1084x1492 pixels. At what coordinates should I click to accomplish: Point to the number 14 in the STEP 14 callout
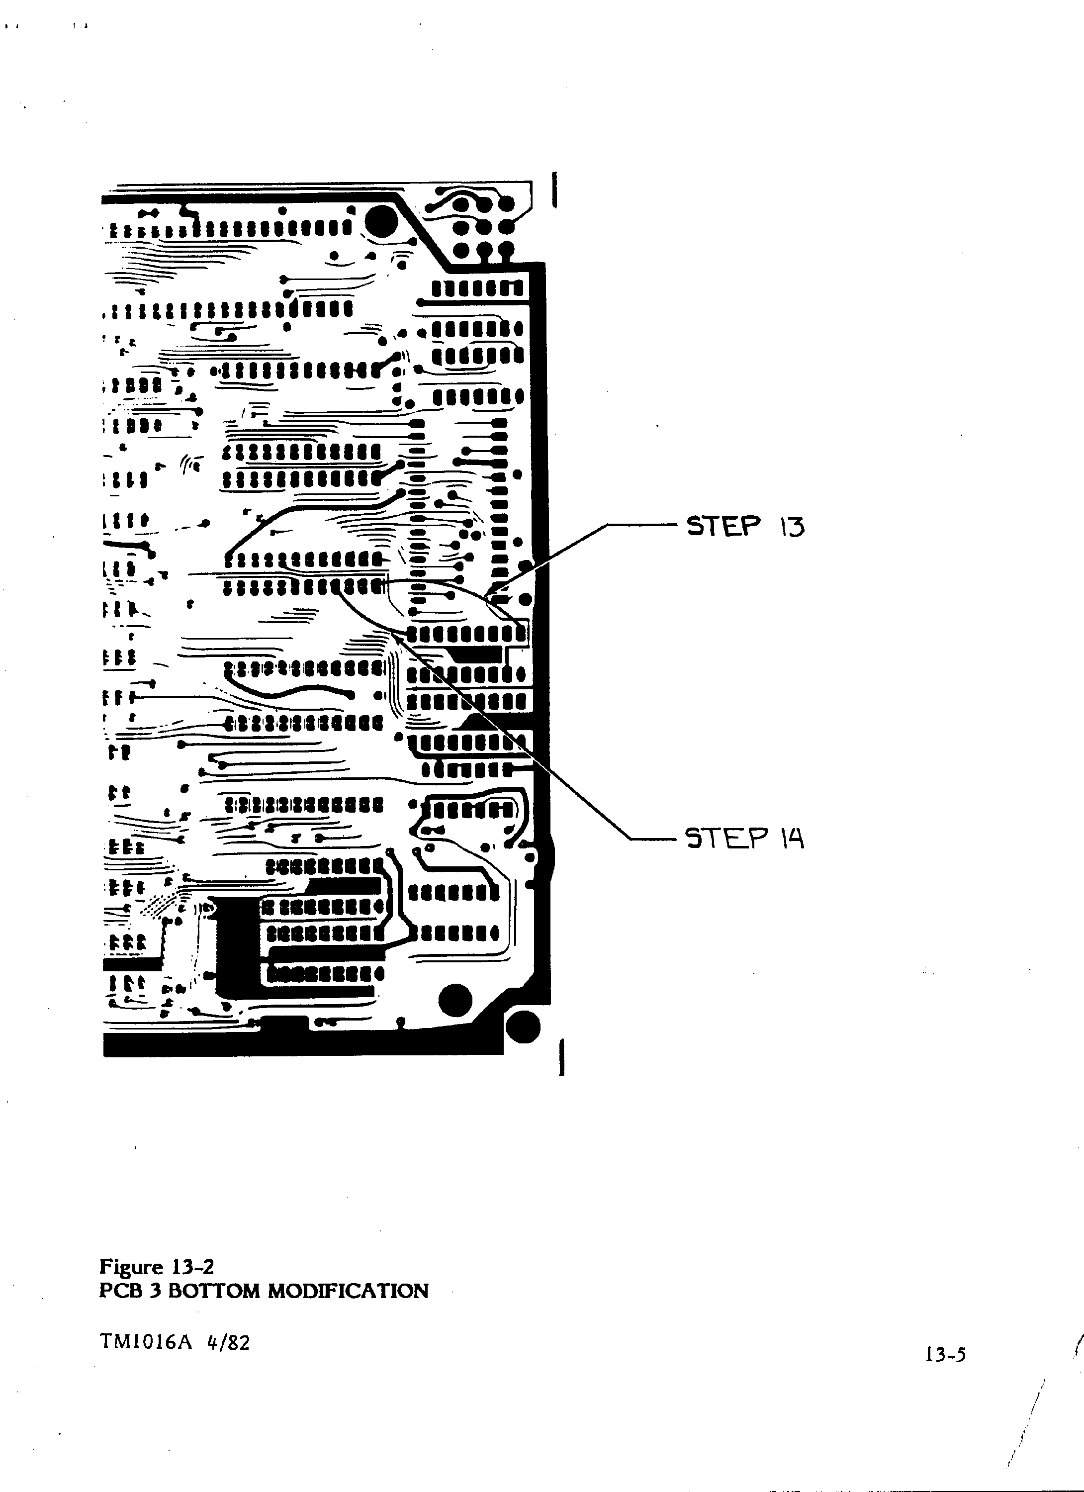[x=793, y=838]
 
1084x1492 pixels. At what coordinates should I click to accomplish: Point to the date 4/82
[x=228, y=1341]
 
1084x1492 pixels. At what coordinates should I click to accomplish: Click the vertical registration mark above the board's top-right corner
[x=556, y=190]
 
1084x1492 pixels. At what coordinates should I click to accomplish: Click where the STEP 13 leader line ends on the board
[x=485, y=598]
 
